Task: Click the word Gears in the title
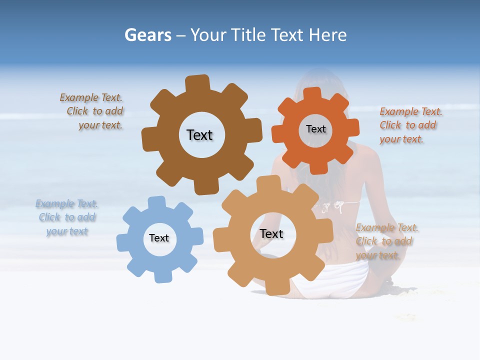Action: point(147,35)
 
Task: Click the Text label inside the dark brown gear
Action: point(199,135)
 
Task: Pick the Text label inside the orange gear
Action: point(315,129)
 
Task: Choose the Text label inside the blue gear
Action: point(159,238)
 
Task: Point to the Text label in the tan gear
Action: point(271,233)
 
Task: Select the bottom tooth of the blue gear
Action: point(162,275)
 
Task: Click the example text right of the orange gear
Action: point(410,125)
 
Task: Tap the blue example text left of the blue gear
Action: point(67,217)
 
